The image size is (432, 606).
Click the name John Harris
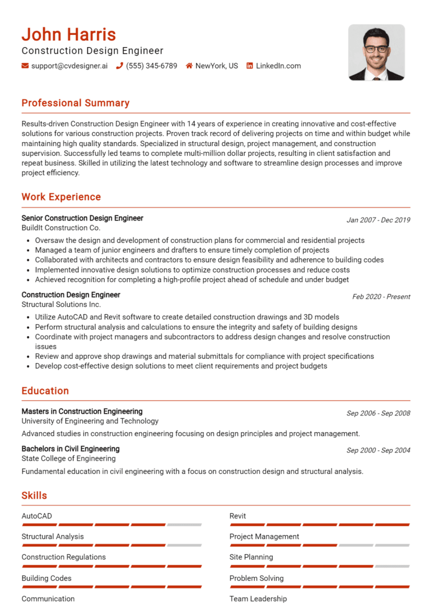[69, 34]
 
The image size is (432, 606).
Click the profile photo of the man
[376, 52]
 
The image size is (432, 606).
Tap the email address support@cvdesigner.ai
[69, 66]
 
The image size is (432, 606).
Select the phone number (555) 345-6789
[151, 66]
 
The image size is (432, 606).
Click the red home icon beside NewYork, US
[189, 66]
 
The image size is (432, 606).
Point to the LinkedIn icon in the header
[250, 66]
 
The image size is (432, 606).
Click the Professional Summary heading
[75, 103]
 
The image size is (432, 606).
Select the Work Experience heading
[61, 197]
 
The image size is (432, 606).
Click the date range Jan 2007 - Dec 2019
[378, 220]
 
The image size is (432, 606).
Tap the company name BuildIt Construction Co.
[61, 228]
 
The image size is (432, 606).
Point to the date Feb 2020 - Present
[381, 296]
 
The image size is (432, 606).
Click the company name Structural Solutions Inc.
[61, 304]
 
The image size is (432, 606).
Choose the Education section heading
[45, 391]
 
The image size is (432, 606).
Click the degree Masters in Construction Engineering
[82, 411]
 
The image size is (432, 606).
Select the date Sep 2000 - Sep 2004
[378, 450]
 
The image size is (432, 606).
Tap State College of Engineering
[69, 458]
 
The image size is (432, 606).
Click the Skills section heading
[34, 495]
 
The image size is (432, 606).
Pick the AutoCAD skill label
[37, 515]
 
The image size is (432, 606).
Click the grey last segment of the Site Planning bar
[392, 566]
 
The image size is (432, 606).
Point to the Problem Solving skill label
[256, 578]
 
